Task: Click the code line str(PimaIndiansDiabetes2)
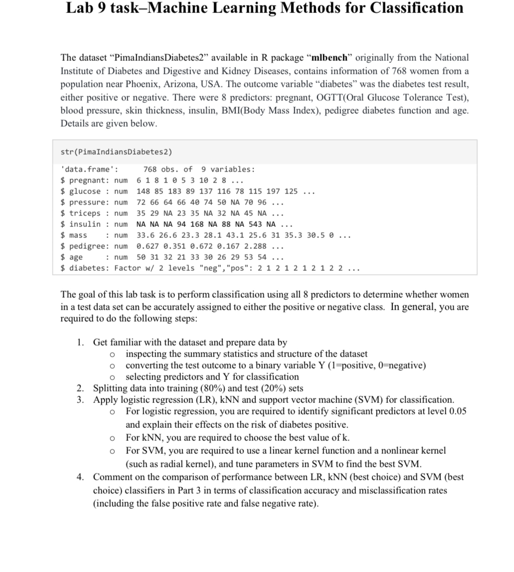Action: [116, 152]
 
